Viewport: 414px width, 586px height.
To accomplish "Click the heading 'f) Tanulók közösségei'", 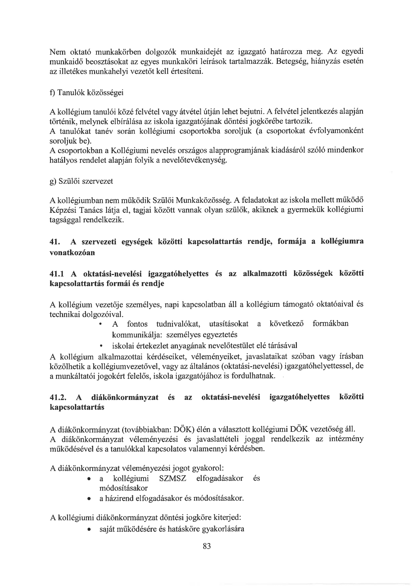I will (x=86, y=92).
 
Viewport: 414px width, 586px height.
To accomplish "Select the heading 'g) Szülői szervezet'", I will (x=81, y=181).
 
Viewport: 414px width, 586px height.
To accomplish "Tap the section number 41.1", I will (x=57, y=274).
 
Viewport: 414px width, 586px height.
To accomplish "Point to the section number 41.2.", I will (x=58, y=397).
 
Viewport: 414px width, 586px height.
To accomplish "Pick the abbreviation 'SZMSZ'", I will (x=173, y=478).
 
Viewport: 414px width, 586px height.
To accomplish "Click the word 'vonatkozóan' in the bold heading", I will (x=72, y=253).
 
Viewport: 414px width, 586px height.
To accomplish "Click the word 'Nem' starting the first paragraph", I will (x=57, y=52).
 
